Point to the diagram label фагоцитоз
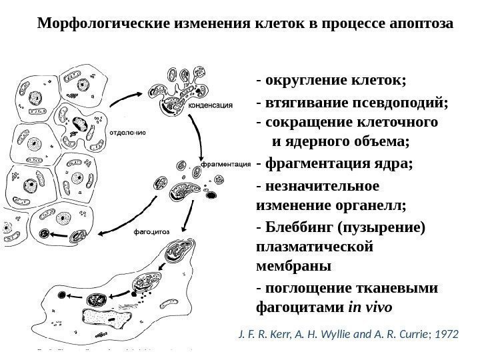point(153,232)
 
